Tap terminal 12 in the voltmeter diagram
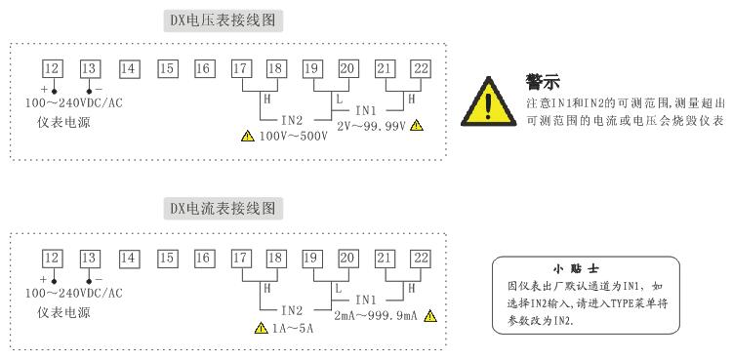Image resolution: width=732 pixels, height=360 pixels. pos(53,68)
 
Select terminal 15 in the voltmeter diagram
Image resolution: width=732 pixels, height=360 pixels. pos(167,68)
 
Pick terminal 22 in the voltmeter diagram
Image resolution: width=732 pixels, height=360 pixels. pos(420,68)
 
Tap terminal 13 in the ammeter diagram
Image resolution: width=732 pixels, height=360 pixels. pos(90,258)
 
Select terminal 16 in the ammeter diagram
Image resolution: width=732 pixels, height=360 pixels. pos(203,258)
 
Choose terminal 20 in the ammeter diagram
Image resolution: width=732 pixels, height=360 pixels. pos(346,258)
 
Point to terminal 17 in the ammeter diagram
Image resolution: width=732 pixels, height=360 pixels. pos(240,258)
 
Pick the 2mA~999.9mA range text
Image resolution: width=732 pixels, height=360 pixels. pos(375,315)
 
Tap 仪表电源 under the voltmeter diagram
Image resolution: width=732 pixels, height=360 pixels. pos(66,123)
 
